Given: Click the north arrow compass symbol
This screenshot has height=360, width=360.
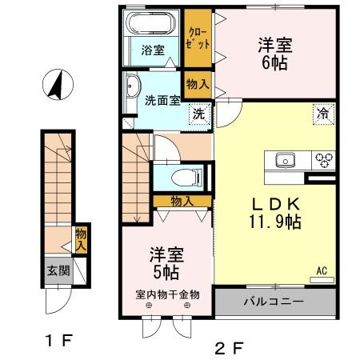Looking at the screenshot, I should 57,85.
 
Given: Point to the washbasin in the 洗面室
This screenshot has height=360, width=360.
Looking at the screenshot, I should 132,87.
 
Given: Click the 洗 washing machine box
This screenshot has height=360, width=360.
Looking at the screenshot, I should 197,113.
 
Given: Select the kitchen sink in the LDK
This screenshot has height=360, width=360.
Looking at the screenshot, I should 285,160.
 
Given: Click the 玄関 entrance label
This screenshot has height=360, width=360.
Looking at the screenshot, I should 58,270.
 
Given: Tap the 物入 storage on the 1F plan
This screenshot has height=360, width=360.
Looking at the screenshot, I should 81,238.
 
